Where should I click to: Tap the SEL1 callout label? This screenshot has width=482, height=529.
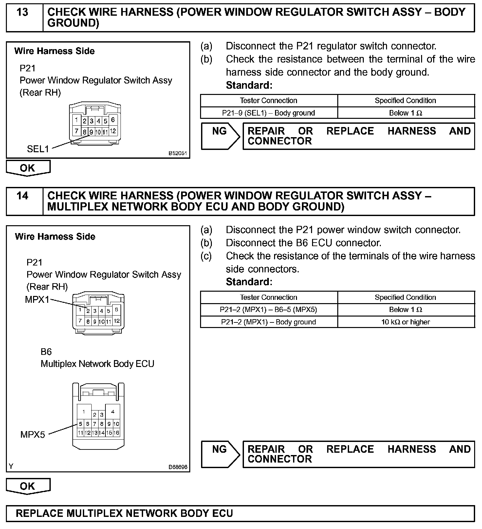click(38, 149)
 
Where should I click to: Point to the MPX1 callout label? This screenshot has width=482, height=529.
click(37, 300)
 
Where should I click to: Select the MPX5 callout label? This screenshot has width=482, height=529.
click(32, 434)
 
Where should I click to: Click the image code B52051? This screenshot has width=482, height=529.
click(177, 153)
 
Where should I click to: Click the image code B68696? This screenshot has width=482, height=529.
click(178, 467)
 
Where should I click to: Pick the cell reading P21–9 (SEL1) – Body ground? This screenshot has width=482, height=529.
click(269, 113)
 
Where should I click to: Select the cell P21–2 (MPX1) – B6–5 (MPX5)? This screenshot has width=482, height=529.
click(269, 310)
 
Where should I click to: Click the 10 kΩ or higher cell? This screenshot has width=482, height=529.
click(405, 322)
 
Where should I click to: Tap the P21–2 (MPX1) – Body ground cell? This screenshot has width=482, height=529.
click(269, 322)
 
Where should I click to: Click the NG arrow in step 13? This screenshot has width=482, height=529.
click(220, 136)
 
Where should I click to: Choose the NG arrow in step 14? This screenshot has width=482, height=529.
click(220, 454)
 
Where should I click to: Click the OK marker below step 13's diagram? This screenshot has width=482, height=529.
click(28, 168)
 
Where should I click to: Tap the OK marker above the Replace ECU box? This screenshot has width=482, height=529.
click(28, 486)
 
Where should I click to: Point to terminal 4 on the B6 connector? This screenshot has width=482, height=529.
click(113, 412)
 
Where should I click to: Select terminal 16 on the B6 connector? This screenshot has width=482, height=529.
click(116, 433)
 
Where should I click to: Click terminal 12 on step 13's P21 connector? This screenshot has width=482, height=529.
click(113, 131)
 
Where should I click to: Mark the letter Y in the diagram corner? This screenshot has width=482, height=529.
click(11, 466)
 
